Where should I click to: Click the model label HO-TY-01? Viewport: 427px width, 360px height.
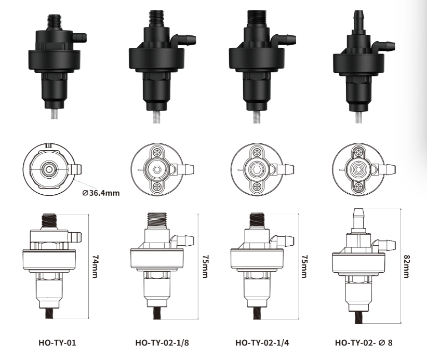tap(57, 342)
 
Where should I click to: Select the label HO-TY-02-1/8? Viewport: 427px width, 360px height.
tap(162, 342)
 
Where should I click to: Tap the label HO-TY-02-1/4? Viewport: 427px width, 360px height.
tap(262, 342)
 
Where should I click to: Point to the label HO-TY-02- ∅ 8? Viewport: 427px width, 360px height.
tap(364, 342)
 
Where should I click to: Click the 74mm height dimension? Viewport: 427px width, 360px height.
tap(95, 266)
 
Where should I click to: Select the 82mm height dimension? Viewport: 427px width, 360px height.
tap(407, 266)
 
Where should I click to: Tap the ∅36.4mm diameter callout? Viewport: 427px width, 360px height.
tap(101, 193)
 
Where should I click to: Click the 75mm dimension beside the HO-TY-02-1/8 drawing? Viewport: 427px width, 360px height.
tap(206, 266)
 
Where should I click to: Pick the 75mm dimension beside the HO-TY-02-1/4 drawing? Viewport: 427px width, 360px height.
tap(305, 266)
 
